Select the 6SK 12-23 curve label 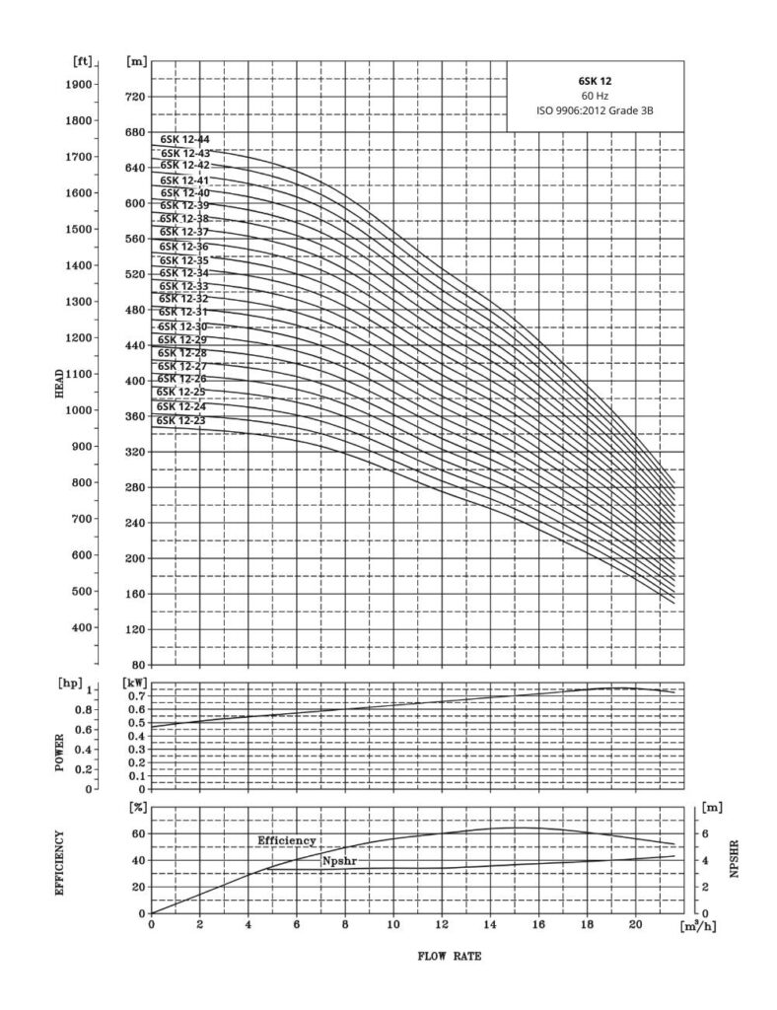pos(182,420)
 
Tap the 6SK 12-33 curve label pos(183,286)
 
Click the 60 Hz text pos(596,96)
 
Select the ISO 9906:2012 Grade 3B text pos(596,111)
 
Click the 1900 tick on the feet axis pos(78,84)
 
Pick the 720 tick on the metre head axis pos(136,97)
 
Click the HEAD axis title pos(61,382)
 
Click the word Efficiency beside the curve pos(287,840)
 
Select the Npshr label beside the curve pos(337,861)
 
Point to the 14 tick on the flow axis pos(490,926)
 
